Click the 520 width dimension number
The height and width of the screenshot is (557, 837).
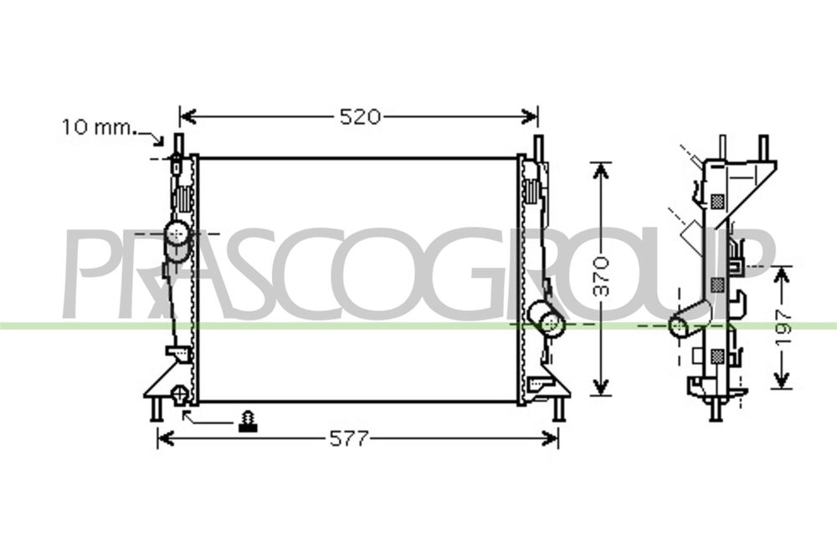coord(360,116)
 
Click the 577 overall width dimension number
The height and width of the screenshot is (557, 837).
coord(349,438)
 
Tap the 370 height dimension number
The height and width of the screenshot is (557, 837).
coord(602,276)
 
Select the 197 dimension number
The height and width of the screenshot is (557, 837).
coord(783,326)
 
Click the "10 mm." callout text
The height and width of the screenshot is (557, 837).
coord(98,127)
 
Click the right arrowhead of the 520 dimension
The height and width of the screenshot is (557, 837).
coord(529,115)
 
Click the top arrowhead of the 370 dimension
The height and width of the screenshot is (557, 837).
coord(602,171)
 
